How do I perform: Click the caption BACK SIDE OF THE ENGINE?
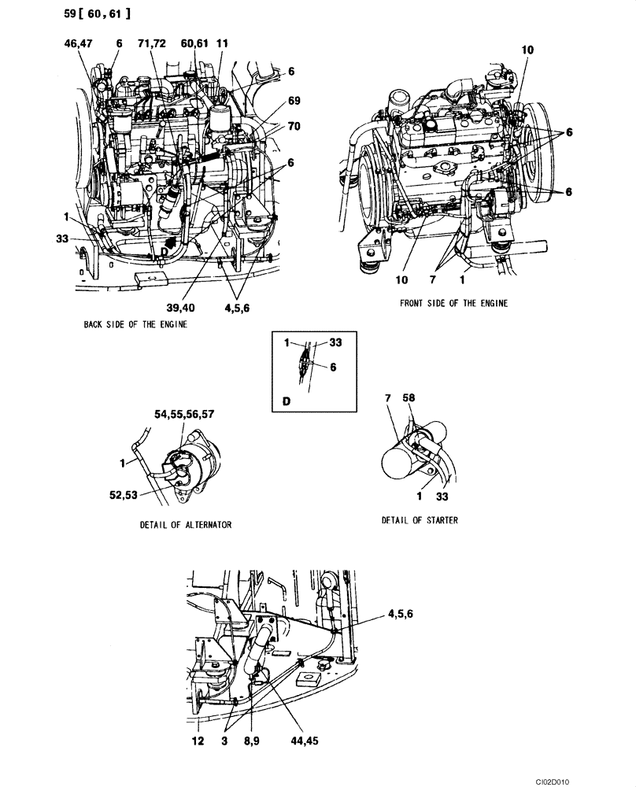click(135, 323)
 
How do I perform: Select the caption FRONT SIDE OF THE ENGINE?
click(453, 303)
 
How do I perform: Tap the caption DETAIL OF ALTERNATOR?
click(185, 524)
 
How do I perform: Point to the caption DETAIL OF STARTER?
click(420, 520)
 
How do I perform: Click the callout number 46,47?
click(78, 45)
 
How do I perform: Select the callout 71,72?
click(152, 45)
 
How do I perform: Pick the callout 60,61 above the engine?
click(194, 45)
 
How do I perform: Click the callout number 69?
click(294, 101)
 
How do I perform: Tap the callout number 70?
click(294, 125)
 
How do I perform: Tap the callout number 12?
click(198, 741)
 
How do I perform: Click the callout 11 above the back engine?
click(223, 45)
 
